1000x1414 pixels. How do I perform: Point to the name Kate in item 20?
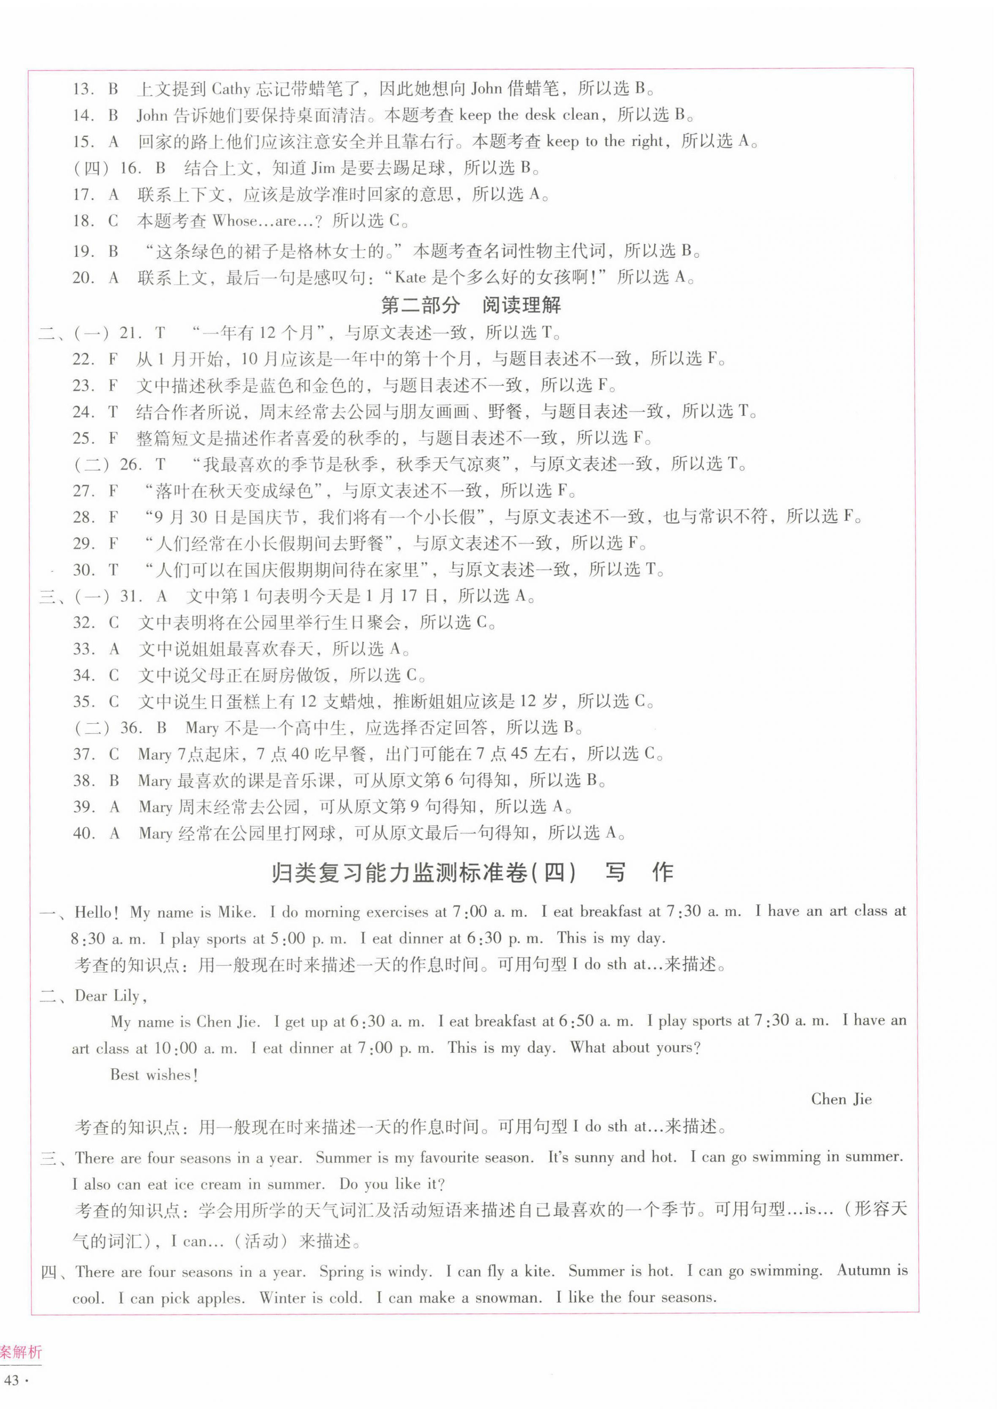[410, 278]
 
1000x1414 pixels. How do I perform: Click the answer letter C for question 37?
[114, 754]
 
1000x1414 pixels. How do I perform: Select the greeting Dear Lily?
[111, 996]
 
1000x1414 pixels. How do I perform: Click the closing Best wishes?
[154, 1074]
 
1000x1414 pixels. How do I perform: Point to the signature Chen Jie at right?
[841, 1099]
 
